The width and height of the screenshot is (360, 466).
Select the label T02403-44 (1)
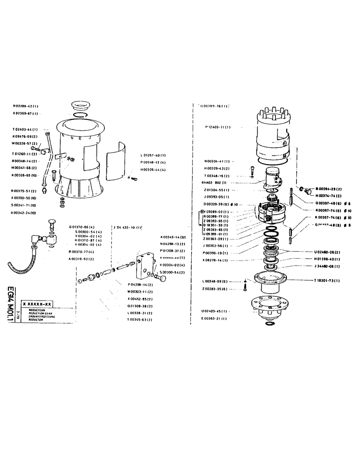25,129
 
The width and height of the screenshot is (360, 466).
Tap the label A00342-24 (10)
27,212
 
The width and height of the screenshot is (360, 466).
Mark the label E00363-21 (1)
214,318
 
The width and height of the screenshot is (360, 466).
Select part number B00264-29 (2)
329,189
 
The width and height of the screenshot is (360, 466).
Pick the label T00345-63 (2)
141,321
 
